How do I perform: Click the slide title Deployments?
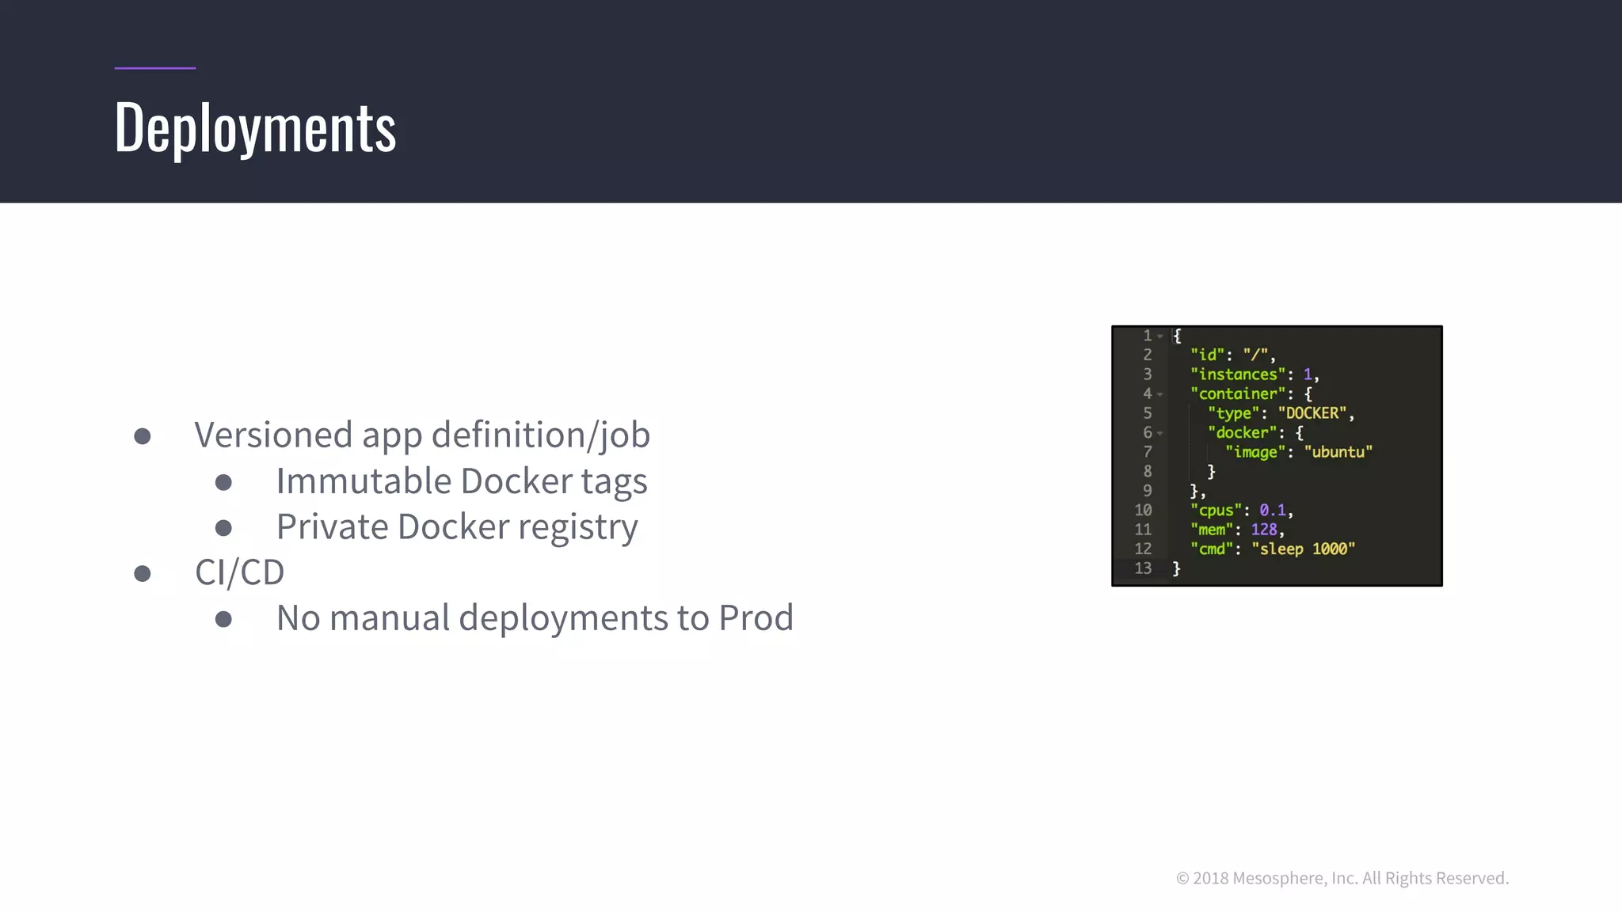coord(255,128)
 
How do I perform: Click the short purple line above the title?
coord(154,68)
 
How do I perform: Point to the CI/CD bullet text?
coord(239,572)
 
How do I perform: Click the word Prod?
coord(756,617)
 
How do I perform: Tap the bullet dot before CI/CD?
coord(143,573)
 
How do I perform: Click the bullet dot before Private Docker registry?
coord(223,527)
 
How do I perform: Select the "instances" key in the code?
coord(1237,374)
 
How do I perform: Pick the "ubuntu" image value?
coord(1338,452)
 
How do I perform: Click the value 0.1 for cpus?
coord(1272,511)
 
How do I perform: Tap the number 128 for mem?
coord(1263,530)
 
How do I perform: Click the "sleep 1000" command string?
coord(1303,549)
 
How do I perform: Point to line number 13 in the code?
coord(1143,568)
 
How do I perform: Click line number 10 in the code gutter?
coord(1143,511)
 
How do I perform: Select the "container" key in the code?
coord(1237,393)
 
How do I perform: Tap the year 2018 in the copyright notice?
coord(1210,878)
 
